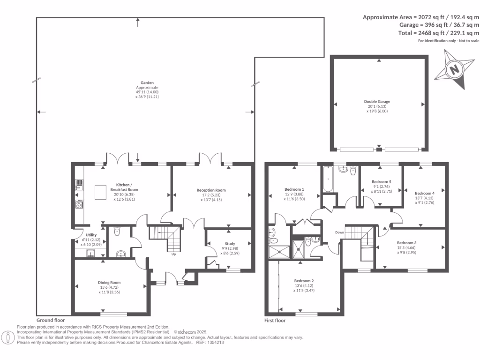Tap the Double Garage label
(377, 101)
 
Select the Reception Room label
(211, 190)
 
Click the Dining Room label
(109, 283)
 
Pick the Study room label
(230, 244)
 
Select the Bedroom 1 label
(294, 189)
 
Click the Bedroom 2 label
(304, 281)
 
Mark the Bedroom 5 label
(381, 181)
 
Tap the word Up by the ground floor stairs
(173, 255)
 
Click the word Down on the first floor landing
(340, 232)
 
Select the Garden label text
(147, 82)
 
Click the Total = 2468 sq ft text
(421, 33)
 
